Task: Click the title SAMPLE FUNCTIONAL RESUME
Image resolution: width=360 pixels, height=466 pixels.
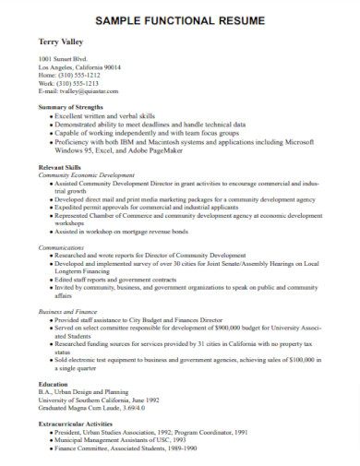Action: pos(180,19)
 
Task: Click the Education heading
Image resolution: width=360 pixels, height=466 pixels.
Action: pos(54,384)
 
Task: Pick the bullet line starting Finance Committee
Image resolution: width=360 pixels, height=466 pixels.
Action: pos(138,448)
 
